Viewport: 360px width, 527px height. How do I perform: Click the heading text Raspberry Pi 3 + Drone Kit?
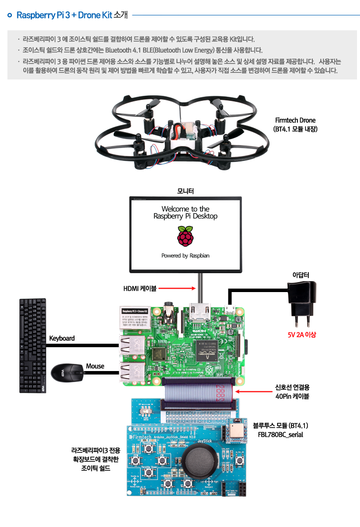coord(64,15)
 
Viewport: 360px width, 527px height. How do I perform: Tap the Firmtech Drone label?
coord(295,121)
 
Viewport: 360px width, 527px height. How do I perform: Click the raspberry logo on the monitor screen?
coord(185,236)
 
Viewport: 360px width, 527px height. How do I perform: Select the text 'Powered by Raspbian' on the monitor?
coord(185,256)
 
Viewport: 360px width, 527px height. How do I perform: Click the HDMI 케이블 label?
coord(140,288)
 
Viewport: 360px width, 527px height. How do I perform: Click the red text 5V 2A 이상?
coord(302,335)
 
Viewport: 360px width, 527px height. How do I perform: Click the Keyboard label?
coord(62,338)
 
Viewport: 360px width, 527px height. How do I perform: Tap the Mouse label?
coord(95,366)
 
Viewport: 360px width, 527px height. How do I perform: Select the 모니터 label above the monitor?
coord(185,191)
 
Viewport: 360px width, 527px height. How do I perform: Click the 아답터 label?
coord(301,275)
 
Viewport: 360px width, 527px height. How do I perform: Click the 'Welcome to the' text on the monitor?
coord(185,209)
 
